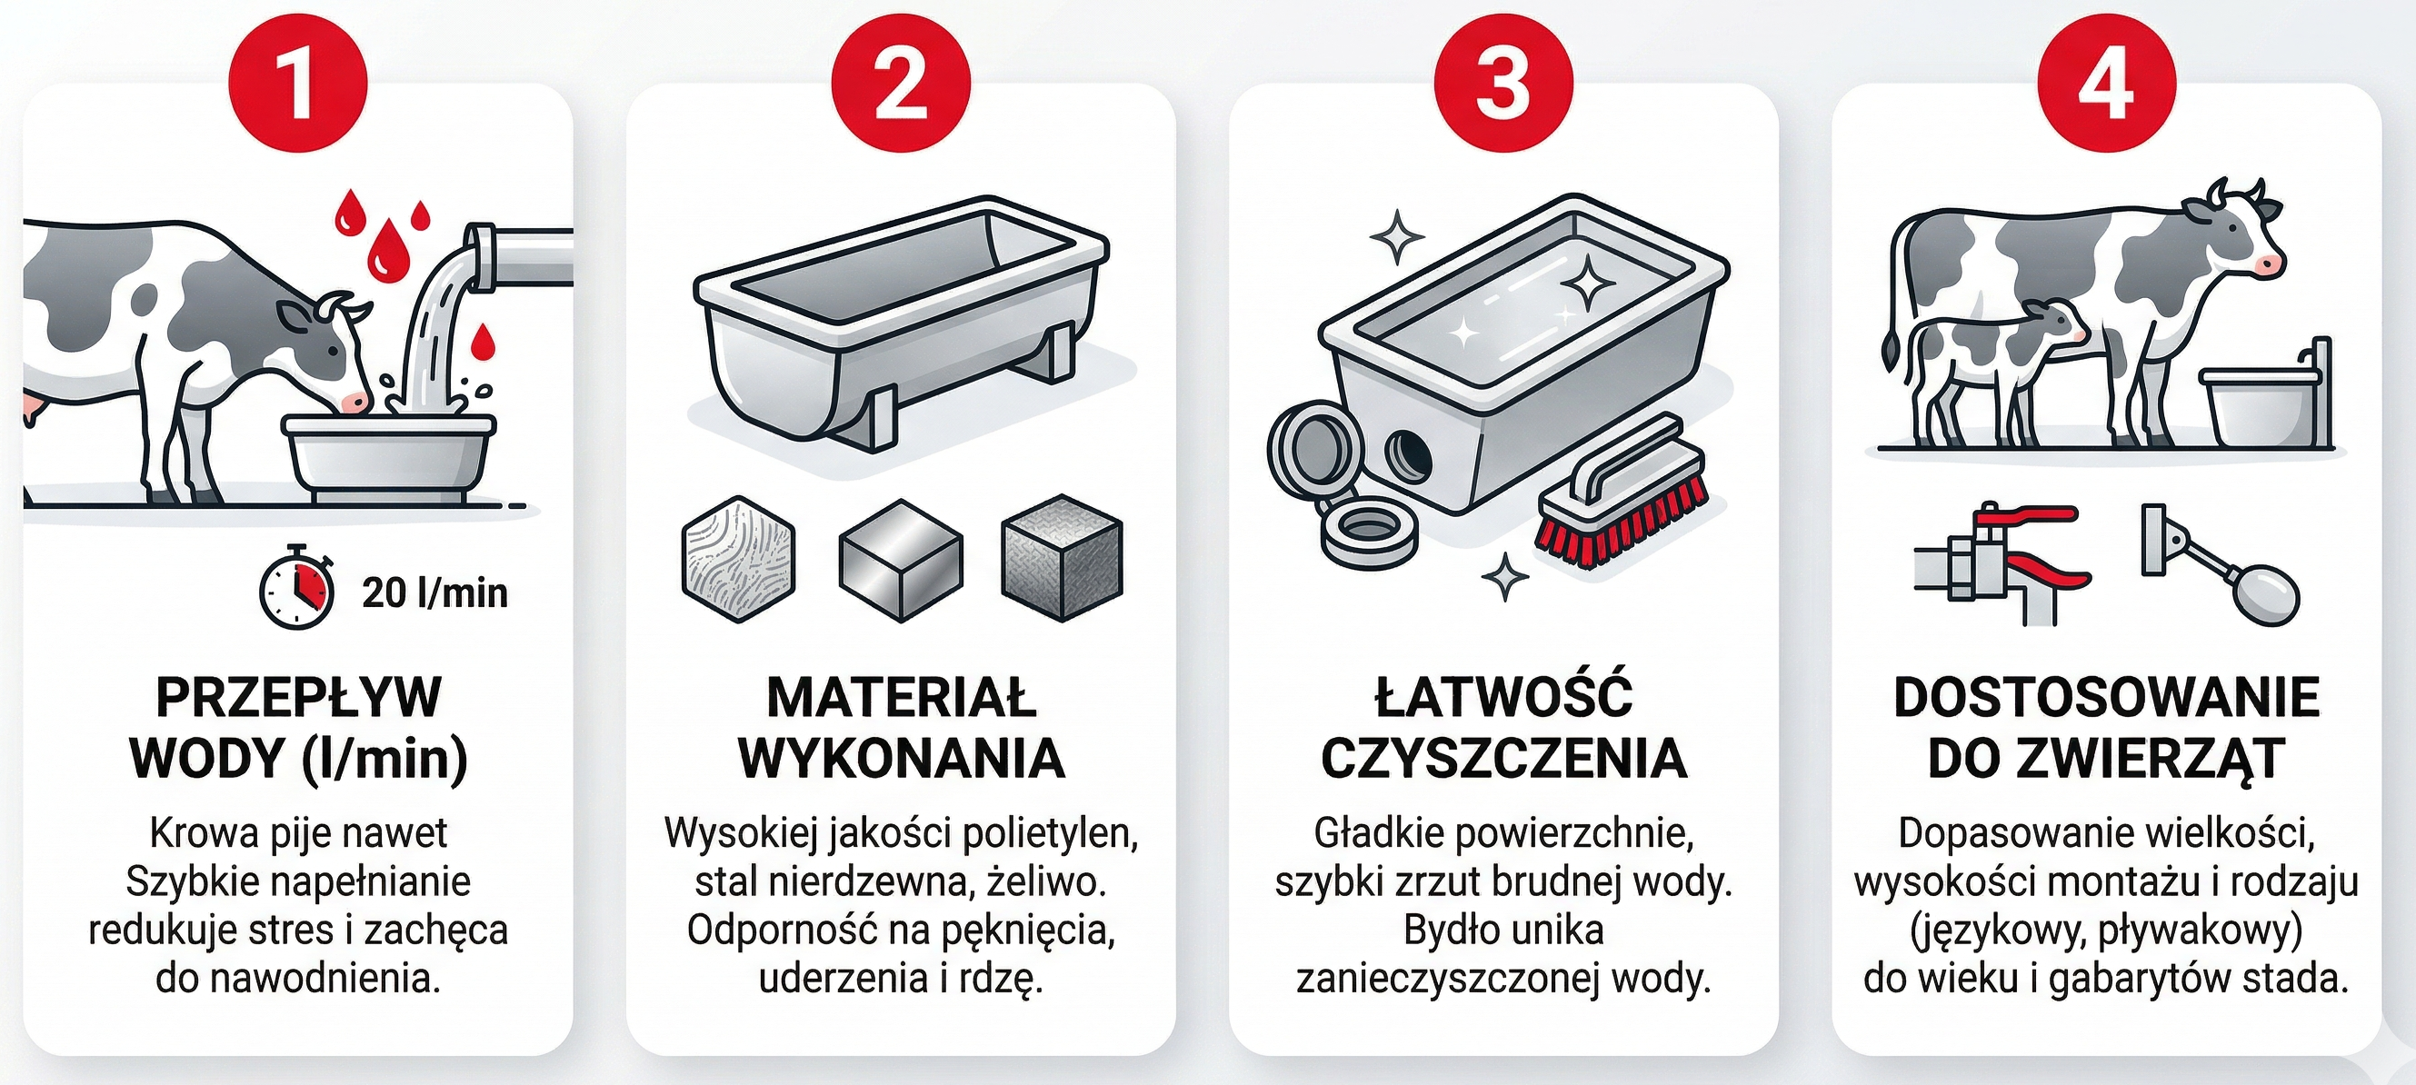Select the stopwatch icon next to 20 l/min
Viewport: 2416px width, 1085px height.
tap(296, 588)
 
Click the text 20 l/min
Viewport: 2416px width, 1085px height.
tap(434, 592)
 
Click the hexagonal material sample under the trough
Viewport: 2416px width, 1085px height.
tap(738, 559)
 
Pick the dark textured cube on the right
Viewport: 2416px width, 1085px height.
tap(1062, 557)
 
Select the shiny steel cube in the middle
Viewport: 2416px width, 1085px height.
tap(901, 560)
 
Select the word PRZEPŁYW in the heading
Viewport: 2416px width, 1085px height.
tap(298, 698)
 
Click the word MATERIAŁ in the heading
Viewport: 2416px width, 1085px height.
tap(901, 698)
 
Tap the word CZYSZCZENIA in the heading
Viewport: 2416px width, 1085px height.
tap(1503, 759)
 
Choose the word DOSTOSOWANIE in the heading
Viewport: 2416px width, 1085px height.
tap(2105, 698)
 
